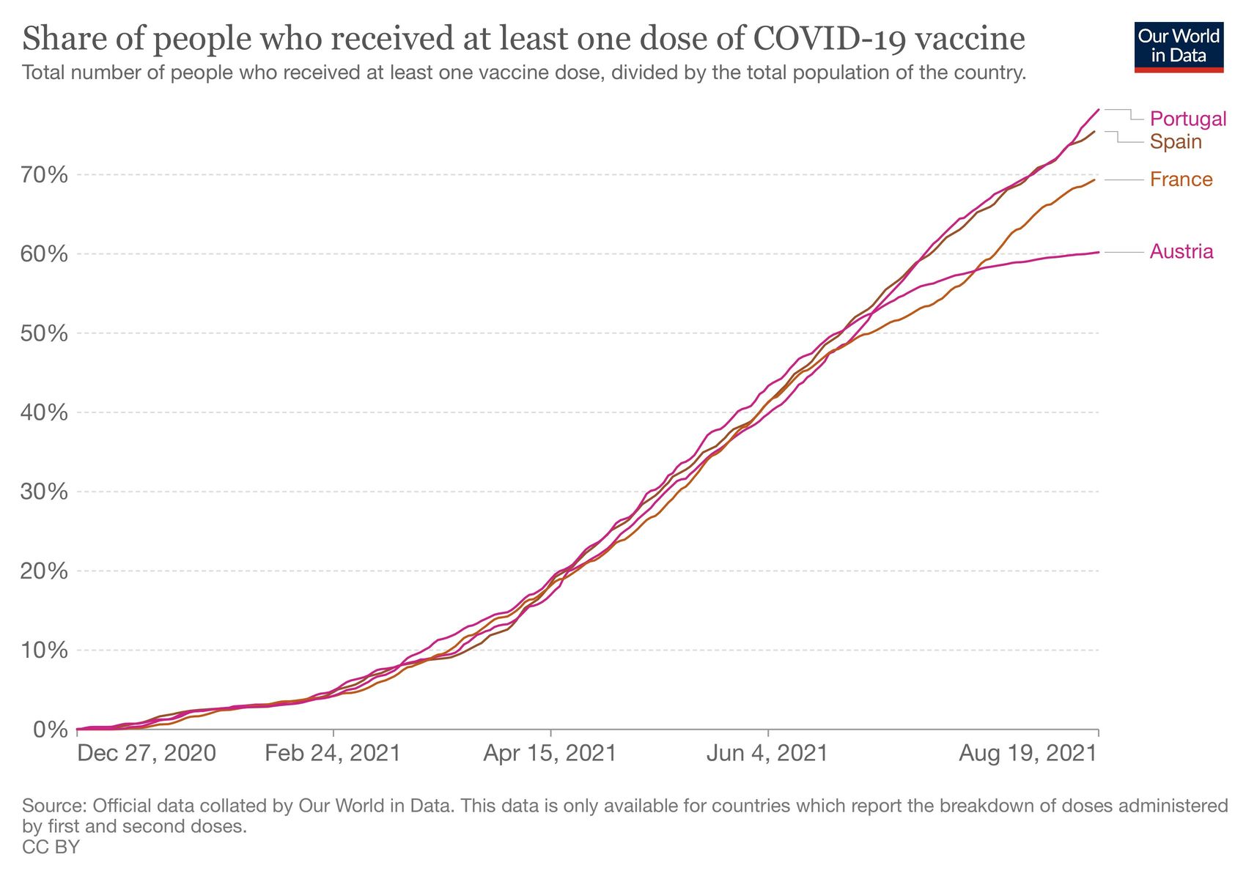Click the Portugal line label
click(1187, 119)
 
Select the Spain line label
click(1176, 141)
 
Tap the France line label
click(1181, 179)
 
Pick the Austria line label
click(1181, 252)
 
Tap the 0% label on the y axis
click(50, 730)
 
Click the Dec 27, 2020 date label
click(147, 753)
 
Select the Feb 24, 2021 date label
click(333, 753)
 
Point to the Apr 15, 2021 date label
click(550, 753)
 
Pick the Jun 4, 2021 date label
click(767, 753)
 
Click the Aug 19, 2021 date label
click(1028, 753)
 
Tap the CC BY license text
click(51, 848)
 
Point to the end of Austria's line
click(1098, 252)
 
